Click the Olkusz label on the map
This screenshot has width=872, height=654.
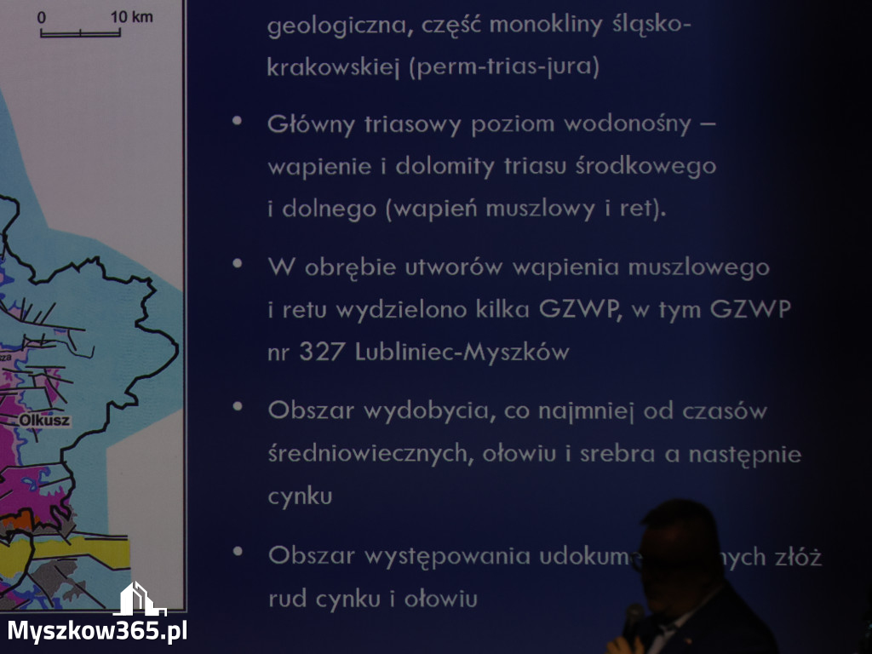pyautogui.click(x=44, y=421)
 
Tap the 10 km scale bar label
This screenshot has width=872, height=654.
pyautogui.click(x=132, y=16)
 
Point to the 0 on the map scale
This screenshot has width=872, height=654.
pyautogui.click(x=42, y=16)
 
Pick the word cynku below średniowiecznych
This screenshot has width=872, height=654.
pyautogui.click(x=300, y=496)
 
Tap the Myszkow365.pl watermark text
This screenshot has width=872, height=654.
pyautogui.click(x=97, y=631)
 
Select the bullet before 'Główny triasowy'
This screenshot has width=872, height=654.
pyautogui.click(x=238, y=121)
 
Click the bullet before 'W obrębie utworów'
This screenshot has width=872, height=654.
pyautogui.click(x=238, y=263)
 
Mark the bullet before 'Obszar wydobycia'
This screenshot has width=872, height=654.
pyautogui.click(x=238, y=407)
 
